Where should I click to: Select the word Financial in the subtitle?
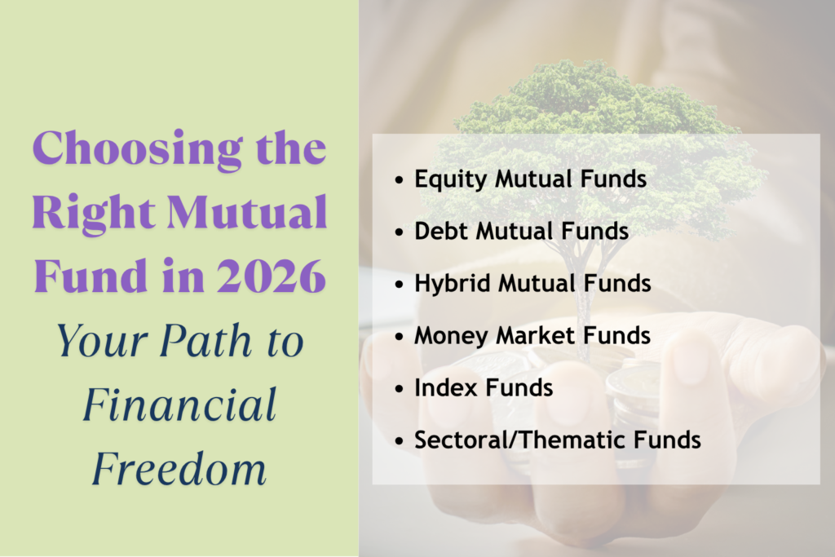pos(179,405)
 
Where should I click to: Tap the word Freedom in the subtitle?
pos(179,468)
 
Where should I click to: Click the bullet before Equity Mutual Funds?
pos(399,180)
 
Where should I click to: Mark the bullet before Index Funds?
pos(399,388)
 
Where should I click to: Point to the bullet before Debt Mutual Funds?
pos(399,232)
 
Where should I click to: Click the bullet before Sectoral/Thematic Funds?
pos(399,440)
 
